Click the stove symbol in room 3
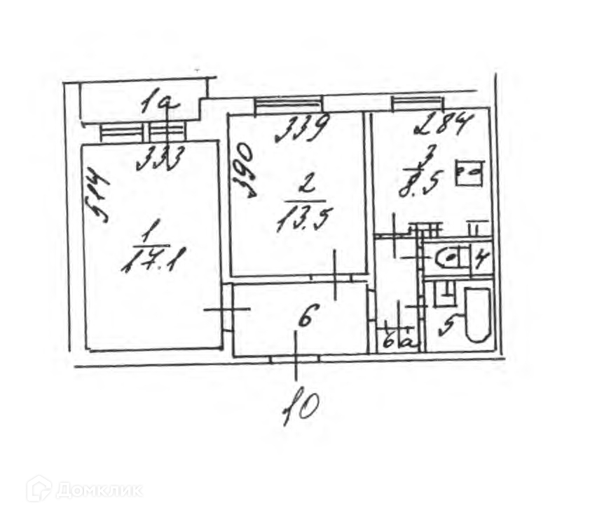(469, 173)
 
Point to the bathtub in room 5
(479, 314)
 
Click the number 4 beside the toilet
(481, 259)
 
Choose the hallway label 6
(306, 319)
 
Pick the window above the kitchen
(417, 102)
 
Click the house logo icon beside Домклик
(39, 488)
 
